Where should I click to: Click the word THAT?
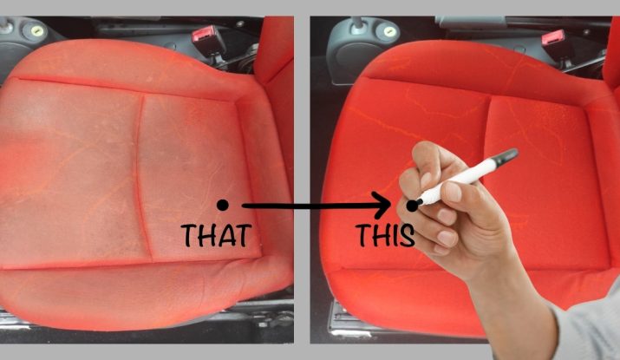(x=216, y=235)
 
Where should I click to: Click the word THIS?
(x=385, y=235)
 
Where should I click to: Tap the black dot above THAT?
(x=223, y=205)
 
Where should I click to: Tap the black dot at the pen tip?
(x=412, y=206)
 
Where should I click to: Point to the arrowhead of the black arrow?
(x=382, y=206)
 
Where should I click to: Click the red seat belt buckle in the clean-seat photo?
(x=553, y=38)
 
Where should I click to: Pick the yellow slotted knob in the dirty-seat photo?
(x=36, y=30)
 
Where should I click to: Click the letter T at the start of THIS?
(x=362, y=235)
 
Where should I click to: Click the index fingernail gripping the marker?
(x=427, y=180)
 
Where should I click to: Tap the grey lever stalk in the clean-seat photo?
(x=358, y=24)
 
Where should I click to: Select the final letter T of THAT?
(x=243, y=235)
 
